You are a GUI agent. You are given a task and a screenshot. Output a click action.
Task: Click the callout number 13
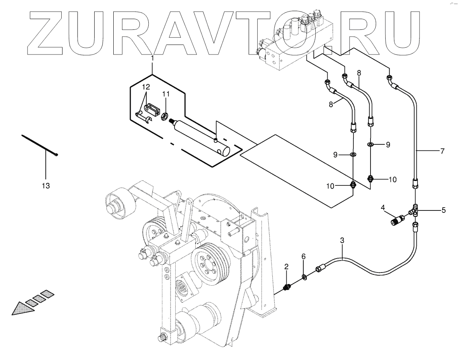pos(46,185)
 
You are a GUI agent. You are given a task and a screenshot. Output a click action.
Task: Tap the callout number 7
pos(442,151)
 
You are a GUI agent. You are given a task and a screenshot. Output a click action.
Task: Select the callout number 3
pos(342,240)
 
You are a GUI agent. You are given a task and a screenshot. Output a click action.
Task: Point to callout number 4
pos(383,207)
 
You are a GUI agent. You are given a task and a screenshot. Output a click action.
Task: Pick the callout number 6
pos(304,257)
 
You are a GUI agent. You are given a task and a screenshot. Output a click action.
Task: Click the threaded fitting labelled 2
pos(287,287)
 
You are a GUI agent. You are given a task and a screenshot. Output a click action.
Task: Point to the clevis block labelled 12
pos(152,108)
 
